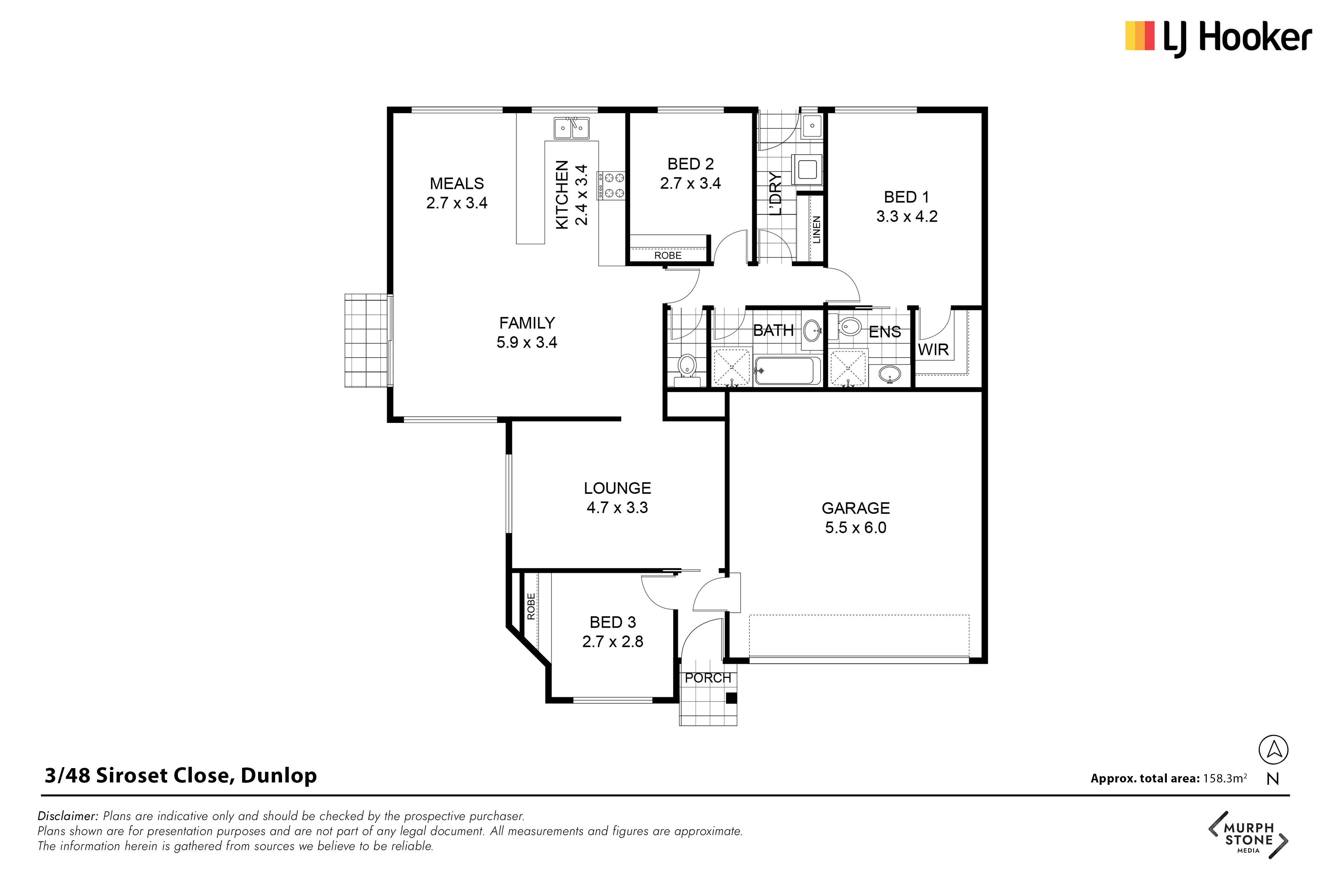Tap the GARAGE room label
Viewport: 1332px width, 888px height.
pyautogui.click(x=856, y=508)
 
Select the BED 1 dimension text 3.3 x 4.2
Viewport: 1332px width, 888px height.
pyautogui.click(x=907, y=216)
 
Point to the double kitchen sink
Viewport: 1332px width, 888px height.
pyautogui.click(x=571, y=128)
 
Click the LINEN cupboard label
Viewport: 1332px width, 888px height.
pyautogui.click(x=816, y=229)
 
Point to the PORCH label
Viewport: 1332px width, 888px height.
pyautogui.click(x=708, y=678)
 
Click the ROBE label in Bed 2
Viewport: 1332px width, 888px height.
pyautogui.click(x=668, y=255)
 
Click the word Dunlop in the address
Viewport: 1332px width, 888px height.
pyautogui.click(x=279, y=775)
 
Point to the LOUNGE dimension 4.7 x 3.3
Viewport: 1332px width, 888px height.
pyautogui.click(x=617, y=507)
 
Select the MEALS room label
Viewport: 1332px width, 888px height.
pyautogui.click(x=457, y=183)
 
